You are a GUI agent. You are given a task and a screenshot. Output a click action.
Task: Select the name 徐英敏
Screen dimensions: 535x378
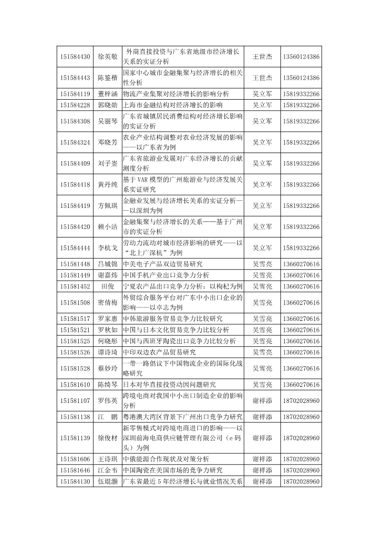108,57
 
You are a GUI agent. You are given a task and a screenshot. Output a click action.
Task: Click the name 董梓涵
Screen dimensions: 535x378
108,93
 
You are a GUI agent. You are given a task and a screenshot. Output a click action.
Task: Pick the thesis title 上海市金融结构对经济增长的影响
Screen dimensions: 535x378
173,105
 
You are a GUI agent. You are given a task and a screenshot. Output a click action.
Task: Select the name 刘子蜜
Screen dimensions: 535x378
108,164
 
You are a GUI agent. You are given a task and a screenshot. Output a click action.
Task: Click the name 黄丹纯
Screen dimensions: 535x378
108,185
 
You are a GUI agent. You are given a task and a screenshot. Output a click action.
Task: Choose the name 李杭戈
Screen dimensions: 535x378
108,248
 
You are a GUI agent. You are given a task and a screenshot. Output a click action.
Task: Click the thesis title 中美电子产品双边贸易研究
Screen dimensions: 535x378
163,264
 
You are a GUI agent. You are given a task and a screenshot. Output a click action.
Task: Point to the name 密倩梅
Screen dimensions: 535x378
108,303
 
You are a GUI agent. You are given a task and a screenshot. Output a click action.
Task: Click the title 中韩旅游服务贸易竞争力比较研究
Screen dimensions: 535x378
173,319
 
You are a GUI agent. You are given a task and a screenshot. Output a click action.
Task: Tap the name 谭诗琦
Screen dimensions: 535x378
108,352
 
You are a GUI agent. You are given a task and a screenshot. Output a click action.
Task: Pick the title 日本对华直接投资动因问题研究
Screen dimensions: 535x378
169,385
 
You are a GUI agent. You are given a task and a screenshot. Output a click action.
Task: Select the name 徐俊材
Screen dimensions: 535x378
108,438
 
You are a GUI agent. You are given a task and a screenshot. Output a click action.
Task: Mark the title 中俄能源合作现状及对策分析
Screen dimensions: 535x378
166,459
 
